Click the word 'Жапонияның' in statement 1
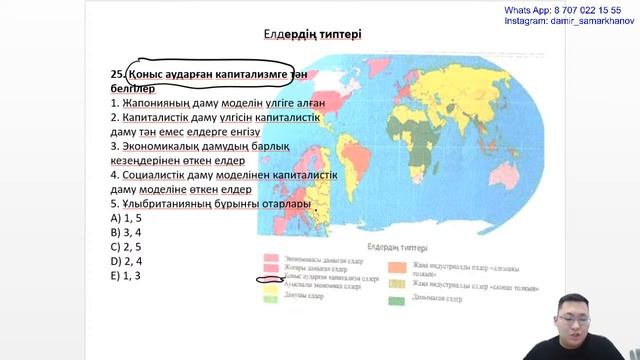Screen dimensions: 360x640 tap(158, 103)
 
